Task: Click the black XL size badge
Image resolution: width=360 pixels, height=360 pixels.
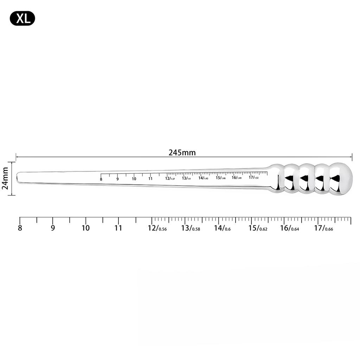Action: point(22,18)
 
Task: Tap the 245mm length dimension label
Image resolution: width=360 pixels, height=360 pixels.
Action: point(182,153)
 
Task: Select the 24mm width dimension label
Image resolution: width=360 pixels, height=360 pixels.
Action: point(5,178)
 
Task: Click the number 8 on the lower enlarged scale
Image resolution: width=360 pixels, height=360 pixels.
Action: point(20,228)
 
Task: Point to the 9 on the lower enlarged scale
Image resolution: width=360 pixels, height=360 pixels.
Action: point(53,228)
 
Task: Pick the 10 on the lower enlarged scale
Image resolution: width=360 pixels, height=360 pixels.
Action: point(85,228)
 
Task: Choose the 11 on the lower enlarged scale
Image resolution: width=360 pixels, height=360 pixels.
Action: point(118,228)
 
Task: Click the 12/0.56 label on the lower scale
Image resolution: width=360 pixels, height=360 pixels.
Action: point(157,228)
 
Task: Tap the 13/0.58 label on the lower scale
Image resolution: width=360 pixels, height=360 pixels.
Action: point(190,228)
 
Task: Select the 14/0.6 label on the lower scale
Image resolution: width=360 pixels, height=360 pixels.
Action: point(222,228)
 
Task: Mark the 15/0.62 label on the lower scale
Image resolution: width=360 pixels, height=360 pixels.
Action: point(258,228)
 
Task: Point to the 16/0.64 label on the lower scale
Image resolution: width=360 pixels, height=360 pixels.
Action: point(289,228)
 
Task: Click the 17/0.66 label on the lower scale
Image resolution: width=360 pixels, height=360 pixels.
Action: point(323,228)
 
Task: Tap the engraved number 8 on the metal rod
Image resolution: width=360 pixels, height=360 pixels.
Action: point(101,179)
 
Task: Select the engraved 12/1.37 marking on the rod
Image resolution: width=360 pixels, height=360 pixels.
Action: point(170,178)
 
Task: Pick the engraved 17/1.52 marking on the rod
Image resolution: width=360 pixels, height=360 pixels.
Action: point(253,177)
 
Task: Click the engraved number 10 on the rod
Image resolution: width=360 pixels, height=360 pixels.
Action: point(134,179)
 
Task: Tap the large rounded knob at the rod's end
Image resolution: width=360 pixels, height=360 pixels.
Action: point(341,179)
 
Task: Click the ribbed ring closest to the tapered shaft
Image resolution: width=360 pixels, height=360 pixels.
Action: point(291,179)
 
